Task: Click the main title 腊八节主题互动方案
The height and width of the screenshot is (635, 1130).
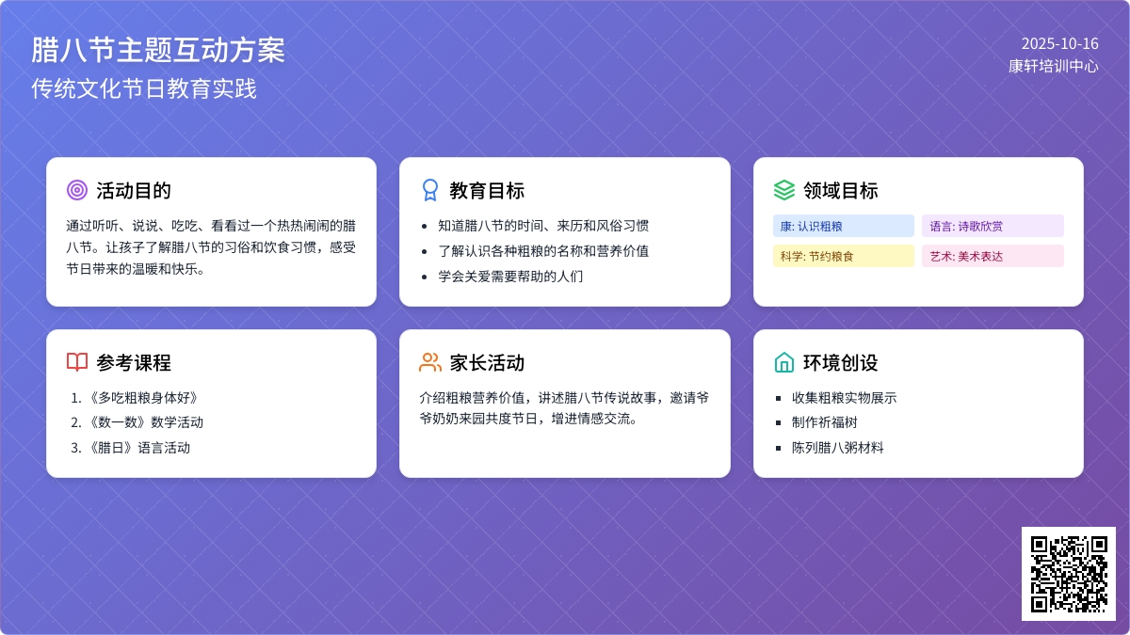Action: [158, 50]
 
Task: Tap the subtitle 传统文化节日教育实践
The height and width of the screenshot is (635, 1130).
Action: [144, 88]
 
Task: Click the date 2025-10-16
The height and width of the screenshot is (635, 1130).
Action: [1060, 44]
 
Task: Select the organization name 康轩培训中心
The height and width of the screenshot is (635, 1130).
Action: [1054, 66]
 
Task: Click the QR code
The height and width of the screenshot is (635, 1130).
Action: [1069, 574]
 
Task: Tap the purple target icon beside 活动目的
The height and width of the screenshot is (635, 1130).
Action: [77, 190]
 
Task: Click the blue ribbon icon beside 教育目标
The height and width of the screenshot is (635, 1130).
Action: [430, 190]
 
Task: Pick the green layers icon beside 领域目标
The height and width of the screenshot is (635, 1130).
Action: [783, 190]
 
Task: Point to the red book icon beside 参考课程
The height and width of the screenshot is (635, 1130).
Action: [77, 362]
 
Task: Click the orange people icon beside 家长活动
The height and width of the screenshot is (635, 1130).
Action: [430, 362]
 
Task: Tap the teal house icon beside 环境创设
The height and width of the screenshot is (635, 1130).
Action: [783, 362]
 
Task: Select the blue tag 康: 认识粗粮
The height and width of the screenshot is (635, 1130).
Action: [844, 226]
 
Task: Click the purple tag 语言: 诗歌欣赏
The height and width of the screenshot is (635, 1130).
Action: [993, 226]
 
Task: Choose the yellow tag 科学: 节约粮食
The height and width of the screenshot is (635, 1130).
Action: [844, 256]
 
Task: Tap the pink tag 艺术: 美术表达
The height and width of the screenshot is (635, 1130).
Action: [993, 256]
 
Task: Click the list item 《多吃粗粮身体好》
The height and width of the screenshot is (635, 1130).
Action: [143, 398]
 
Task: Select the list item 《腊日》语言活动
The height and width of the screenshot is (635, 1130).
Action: [138, 448]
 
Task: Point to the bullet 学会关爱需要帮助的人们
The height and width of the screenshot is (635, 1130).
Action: [510, 277]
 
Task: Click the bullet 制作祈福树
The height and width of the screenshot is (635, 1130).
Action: [824, 422]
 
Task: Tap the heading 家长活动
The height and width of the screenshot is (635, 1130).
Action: [487, 362]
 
